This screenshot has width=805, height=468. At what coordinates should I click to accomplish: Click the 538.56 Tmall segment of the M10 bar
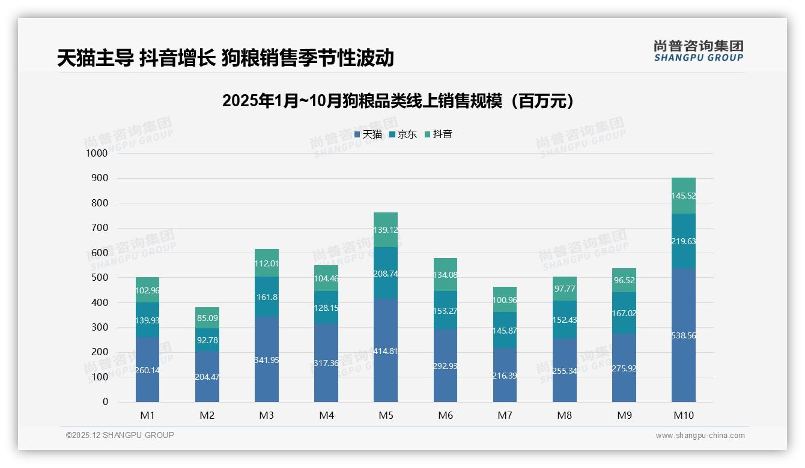[684, 335]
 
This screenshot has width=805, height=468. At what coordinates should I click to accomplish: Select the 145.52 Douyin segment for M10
[684, 196]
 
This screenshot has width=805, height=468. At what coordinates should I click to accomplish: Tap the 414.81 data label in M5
[386, 351]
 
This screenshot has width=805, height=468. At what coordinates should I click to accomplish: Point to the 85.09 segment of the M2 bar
[207, 317]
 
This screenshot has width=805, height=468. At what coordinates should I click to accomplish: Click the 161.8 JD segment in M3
[267, 297]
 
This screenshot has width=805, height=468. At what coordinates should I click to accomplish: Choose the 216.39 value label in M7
[505, 376]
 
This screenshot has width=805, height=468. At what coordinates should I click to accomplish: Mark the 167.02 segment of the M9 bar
[624, 313]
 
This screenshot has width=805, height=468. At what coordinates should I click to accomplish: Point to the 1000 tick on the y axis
[97, 154]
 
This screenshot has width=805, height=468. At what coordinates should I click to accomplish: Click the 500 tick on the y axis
[99, 278]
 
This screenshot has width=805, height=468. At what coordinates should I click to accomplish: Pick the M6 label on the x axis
[445, 415]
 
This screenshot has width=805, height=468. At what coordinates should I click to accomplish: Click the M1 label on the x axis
[147, 415]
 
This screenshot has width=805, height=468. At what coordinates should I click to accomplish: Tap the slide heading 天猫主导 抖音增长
[225, 58]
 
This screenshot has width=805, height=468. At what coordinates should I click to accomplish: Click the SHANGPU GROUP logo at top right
[698, 51]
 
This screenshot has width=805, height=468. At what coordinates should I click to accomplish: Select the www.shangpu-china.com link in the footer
[700, 436]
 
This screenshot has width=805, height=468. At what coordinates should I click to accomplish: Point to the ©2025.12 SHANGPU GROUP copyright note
[120, 436]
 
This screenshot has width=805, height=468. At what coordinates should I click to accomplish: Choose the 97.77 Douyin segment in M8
[565, 289]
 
